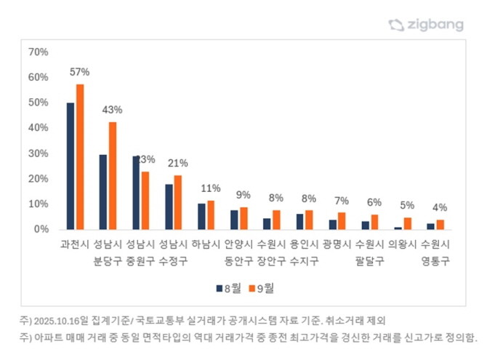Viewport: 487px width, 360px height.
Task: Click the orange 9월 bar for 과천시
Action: click(80, 156)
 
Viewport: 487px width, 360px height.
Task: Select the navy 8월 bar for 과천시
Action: click(71, 166)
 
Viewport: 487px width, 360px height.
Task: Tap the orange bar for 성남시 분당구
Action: click(113, 175)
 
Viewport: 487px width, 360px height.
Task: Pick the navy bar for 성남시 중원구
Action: click(136, 192)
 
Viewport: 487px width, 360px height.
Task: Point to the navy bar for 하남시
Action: click(201, 216)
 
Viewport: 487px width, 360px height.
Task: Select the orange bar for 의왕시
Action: click(407, 223)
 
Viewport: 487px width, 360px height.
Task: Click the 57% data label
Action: click(80, 72)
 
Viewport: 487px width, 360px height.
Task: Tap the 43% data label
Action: click(113, 109)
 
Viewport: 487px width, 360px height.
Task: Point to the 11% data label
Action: click(211, 188)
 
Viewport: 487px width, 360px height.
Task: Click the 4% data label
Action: click(440, 207)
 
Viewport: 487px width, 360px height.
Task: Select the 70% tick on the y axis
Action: click(38, 52)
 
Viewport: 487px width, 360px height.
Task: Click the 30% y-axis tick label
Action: click(38, 153)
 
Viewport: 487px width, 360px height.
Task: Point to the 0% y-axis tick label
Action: click(41, 229)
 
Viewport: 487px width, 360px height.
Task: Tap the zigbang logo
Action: click(426, 25)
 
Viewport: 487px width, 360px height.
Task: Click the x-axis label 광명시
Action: click(337, 244)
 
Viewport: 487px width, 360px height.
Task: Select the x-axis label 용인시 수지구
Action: click(304, 251)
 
